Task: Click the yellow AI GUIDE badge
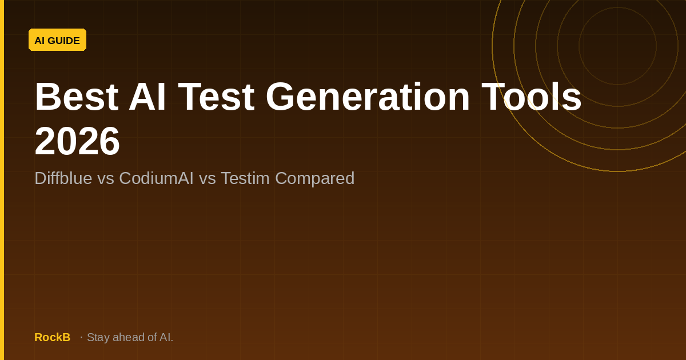click(57, 40)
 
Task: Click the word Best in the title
click(76, 97)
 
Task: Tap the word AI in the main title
click(147, 97)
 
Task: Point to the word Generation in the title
click(368, 97)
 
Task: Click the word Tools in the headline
click(531, 97)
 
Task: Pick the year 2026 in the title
click(77, 141)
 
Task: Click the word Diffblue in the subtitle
click(63, 178)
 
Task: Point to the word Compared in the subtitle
click(314, 178)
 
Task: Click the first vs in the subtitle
click(105, 178)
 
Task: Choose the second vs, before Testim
click(207, 178)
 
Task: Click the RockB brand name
click(52, 337)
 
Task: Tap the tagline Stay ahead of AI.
click(130, 337)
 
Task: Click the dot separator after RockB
click(81, 337)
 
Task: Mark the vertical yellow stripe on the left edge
click(2, 180)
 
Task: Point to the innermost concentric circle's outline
click(579, 46)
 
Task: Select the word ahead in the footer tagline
click(129, 337)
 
